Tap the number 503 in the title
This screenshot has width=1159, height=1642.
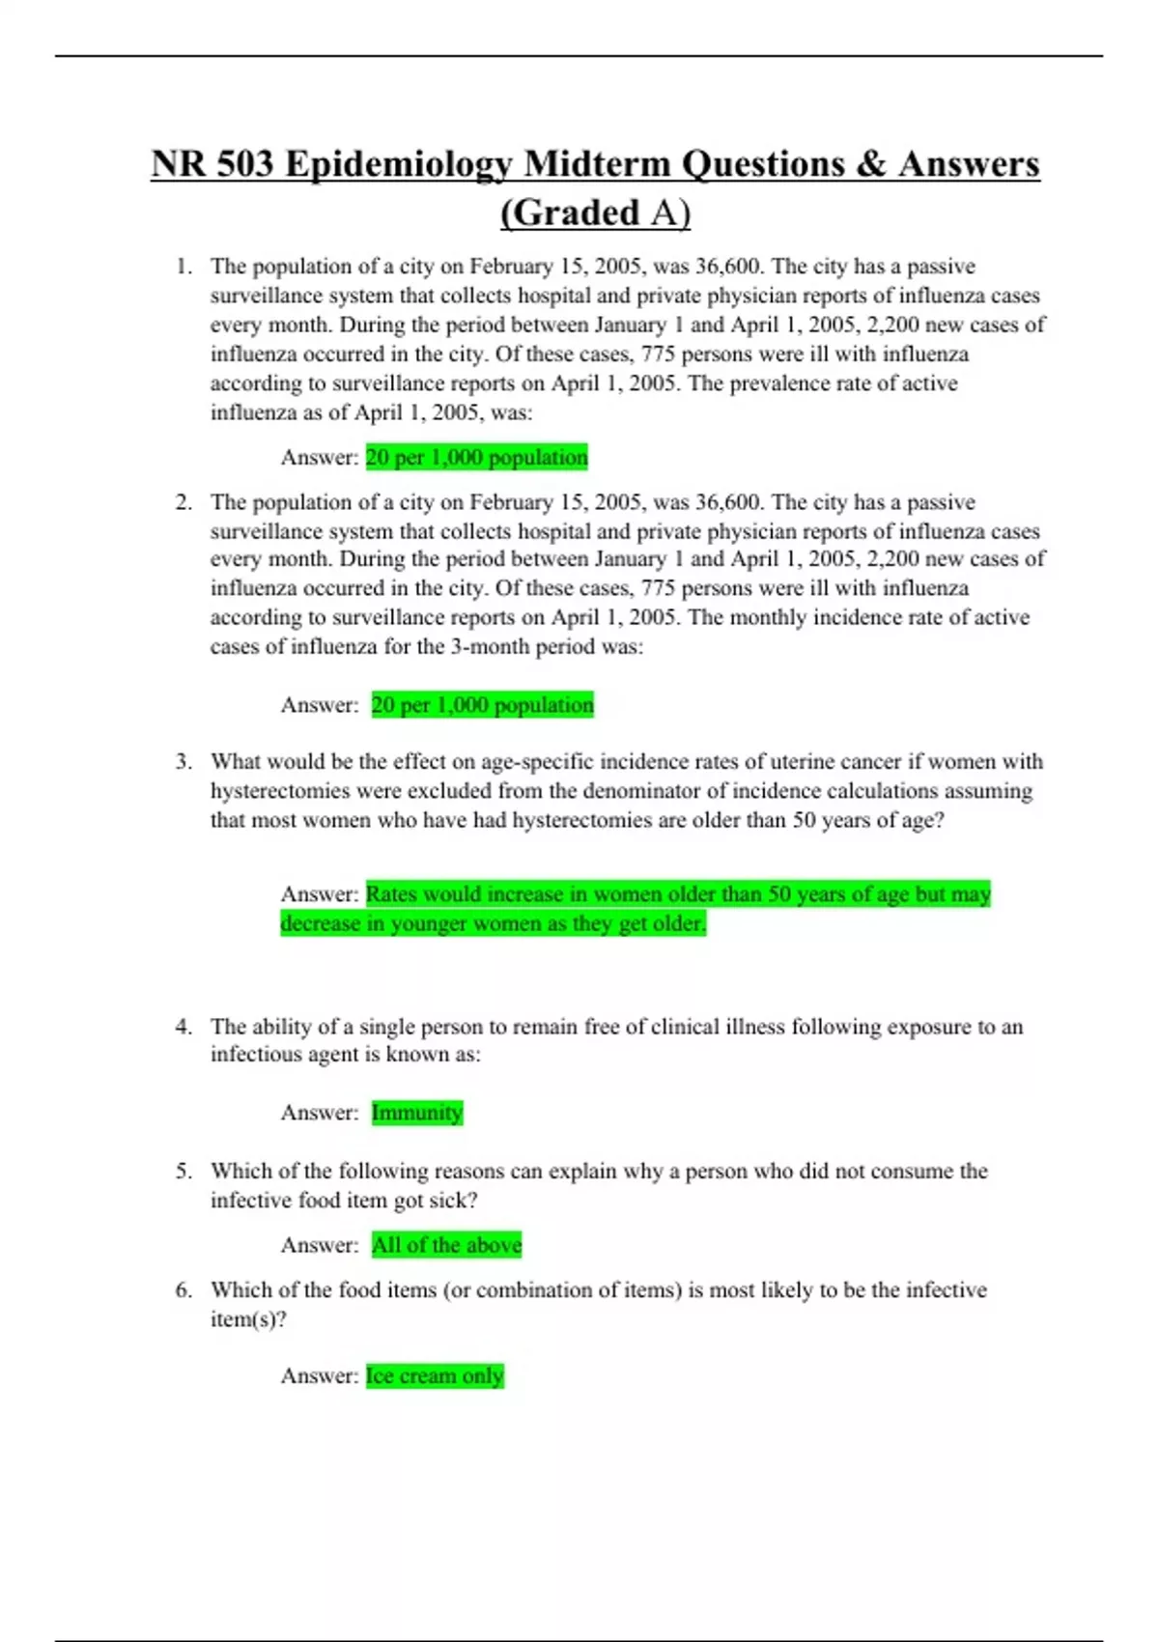(245, 164)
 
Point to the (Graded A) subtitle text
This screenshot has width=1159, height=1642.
(595, 213)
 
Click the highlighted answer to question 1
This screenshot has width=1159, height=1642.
(476, 458)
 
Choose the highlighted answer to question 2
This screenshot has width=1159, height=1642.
(482, 705)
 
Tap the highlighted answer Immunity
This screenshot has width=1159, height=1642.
(416, 1113)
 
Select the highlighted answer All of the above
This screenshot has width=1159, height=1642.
(446, 1245)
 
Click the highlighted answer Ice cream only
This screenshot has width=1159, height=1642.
(435, 1375)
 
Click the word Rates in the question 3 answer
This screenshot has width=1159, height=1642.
(391, 894)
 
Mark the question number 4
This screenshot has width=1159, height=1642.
(184, 1027)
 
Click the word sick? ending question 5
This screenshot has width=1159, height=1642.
(453, 1201)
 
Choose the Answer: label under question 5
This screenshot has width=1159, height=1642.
(319, 1245)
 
